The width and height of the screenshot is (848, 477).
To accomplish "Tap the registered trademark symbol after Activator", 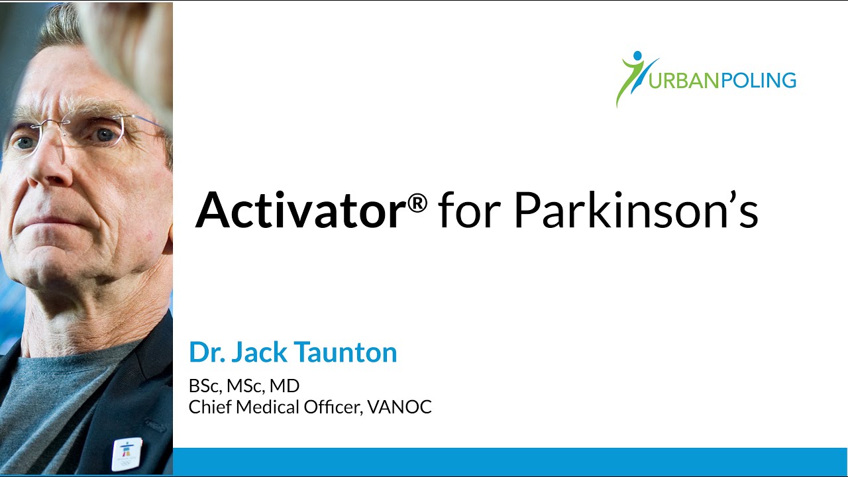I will pyautogui.click(x=417, y=204).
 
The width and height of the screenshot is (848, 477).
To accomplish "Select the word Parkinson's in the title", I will pyautogui.click(x=635, y=210).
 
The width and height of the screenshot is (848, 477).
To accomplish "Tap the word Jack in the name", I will pyautogui.click(x=259, y=352).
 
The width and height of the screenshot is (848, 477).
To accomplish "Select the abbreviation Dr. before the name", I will pyautogui.click(x=205, y=352).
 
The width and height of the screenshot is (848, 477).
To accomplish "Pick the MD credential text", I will pyautogui.click(x=287, y=386).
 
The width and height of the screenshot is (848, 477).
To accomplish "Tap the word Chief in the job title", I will pyautogui.click(x=205, y=407).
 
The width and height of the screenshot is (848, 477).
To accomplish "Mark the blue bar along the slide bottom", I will pyautogui.click(x=510, y=461).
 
